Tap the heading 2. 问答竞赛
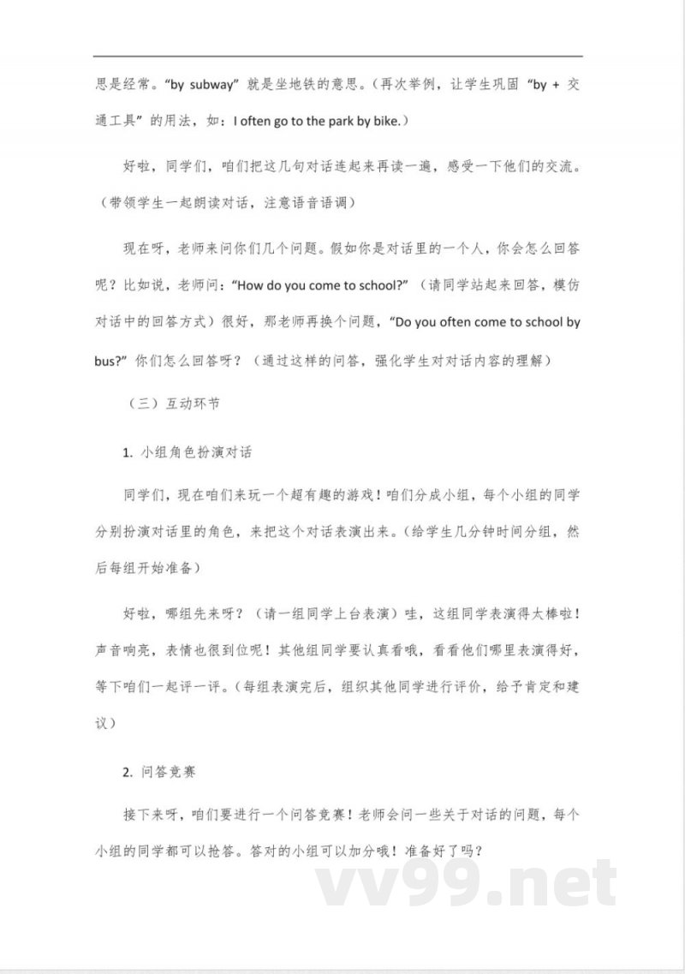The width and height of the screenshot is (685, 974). click(x=159, y=771)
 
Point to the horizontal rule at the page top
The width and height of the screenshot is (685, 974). click(x=342, y=57)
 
